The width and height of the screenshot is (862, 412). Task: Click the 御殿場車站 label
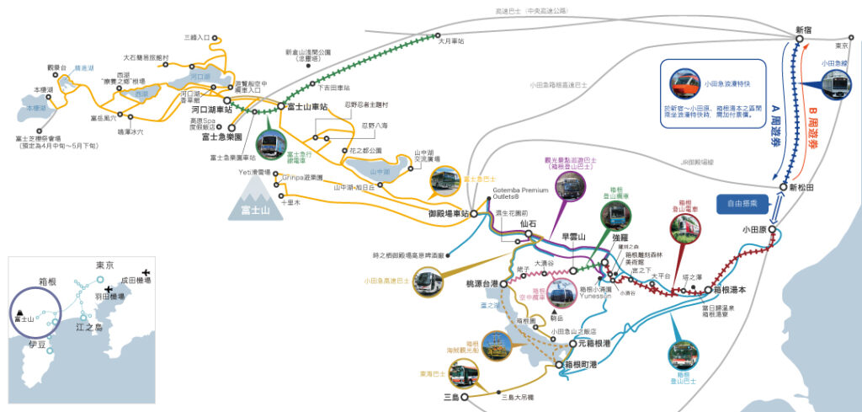pyautogui.click(x=446, y=214)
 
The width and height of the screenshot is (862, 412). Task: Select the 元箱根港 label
pyautogui.click(x=594, y=344)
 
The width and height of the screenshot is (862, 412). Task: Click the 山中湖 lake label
pyautogui.click(x=381, y=172)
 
